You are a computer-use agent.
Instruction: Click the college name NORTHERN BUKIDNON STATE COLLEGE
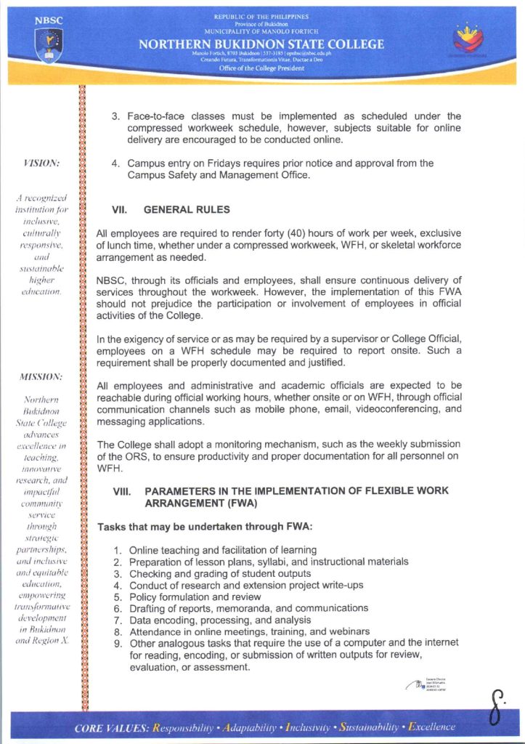261,45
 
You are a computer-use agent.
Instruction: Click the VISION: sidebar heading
41,163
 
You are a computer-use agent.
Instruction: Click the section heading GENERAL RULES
187,210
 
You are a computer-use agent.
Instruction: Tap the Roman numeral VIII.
121,491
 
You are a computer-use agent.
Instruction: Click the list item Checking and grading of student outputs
221,573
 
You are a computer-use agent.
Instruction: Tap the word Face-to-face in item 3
154,116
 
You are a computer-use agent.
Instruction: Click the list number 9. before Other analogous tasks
120,643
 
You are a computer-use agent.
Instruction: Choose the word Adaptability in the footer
251,727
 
